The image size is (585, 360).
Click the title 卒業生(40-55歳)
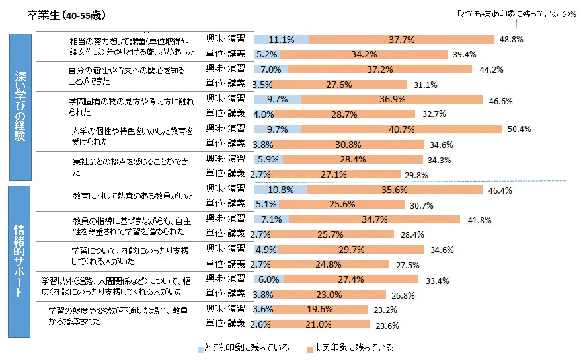[x=67, y=15]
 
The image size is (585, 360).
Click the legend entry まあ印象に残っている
[x=350, y=348]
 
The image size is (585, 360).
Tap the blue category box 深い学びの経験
[x=20, y=106]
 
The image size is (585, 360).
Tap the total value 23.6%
[x=386, y=324]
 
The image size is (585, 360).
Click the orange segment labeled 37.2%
[x=382, y=69]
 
